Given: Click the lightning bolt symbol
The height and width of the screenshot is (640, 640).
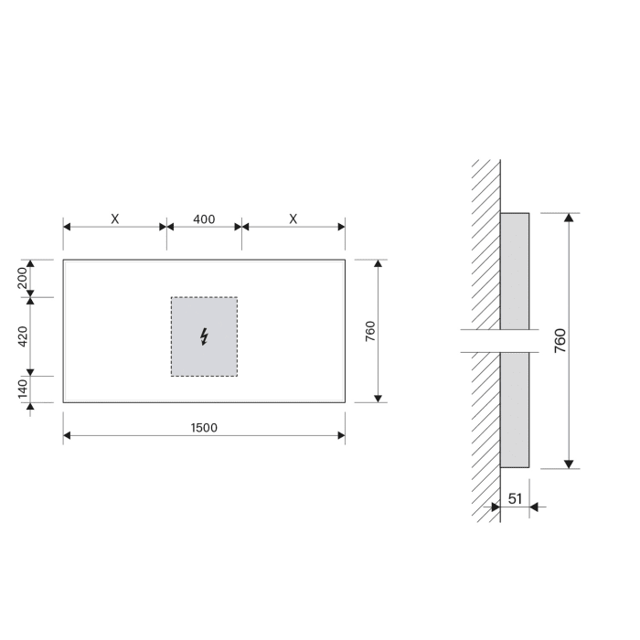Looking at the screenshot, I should [x=204, y=336].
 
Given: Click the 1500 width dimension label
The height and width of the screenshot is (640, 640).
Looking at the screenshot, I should [x=204, y=427].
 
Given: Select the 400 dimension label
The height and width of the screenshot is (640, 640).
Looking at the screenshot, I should [x=204, y=219].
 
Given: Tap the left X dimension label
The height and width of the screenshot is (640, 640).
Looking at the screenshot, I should [x=114, y=219].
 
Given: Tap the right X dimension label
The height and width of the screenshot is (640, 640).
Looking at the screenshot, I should [x=293, y=219].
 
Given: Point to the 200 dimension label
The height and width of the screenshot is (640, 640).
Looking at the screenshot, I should [x=22, y=278].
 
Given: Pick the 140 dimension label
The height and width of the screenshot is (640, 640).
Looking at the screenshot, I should [x=22, y=389].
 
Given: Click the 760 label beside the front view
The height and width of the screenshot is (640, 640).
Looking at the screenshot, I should [x=370, y=331].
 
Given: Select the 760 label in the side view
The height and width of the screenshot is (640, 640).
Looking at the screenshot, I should [x=560, y=340].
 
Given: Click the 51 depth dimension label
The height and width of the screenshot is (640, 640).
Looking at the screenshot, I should [x=515, y=499].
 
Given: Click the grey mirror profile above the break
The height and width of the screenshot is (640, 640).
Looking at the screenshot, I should [x=515, y=270].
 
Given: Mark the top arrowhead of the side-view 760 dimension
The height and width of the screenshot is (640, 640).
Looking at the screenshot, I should [x=569, y=219].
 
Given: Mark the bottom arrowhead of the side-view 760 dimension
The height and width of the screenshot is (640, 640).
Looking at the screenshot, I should [x=569, y=463].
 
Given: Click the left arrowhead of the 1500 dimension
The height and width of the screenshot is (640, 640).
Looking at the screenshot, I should [x=67, y=438].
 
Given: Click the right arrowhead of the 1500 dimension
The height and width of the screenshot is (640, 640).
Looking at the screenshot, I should [x=341, y=438].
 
